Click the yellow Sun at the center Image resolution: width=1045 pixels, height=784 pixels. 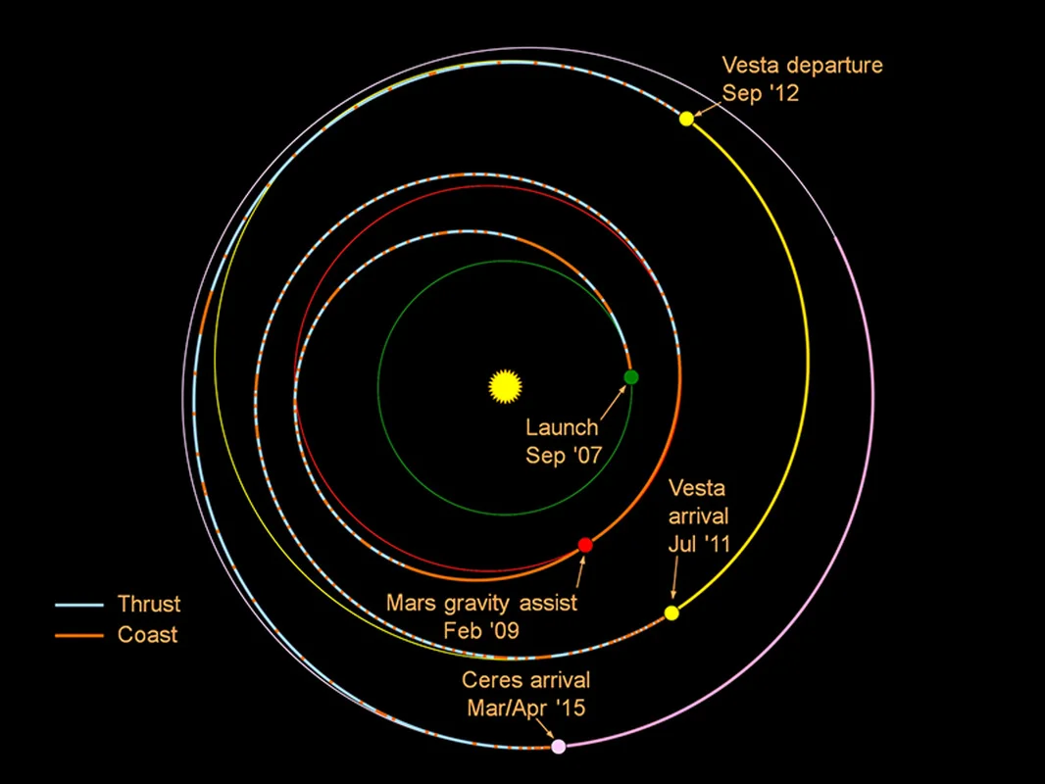[503, 385]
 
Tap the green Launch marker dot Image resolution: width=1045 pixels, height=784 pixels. [631, 377]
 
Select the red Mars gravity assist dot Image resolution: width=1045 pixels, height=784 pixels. [585, 545]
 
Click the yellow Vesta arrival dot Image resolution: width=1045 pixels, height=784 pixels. [672, 612]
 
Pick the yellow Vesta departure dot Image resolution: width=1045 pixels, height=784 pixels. [686, 119]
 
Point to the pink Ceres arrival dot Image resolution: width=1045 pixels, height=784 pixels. [559, 746]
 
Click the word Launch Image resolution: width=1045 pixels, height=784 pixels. [562, 427]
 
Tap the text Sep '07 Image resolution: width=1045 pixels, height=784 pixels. [562, 456]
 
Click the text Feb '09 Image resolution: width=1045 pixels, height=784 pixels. [481, 630]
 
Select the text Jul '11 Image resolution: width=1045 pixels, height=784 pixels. [698, 544]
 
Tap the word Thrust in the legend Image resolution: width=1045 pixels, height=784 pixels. [149, 604]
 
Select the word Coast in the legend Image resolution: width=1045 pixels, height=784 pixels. [147, 635]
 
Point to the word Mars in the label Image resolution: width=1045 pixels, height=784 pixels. [411, 603]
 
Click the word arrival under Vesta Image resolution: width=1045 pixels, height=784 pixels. [698, 515]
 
